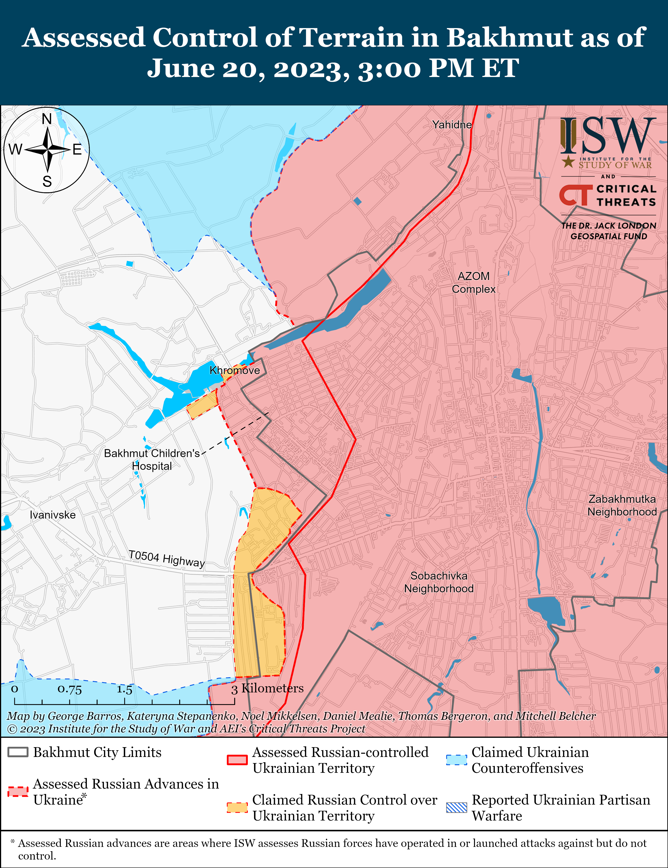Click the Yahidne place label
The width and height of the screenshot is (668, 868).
tap(452, 125)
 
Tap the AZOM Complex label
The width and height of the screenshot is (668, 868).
tap(474, 283)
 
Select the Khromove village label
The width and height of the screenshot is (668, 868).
tap(235, 370)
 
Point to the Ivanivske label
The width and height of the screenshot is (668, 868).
tap(53, 515)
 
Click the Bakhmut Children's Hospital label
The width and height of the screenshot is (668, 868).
tap(152, 460)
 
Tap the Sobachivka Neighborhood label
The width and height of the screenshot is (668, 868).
tap(439, 582)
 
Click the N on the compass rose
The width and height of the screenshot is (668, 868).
tap(47, 119)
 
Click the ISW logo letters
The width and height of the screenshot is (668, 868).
tap(608, 136)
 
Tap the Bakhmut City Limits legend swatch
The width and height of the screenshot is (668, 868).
tap(18, 752)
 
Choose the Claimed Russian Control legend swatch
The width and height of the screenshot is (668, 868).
tap(237, 807)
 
